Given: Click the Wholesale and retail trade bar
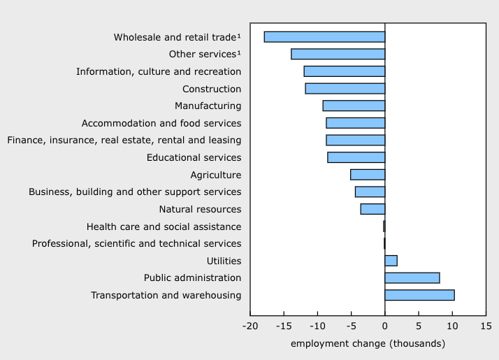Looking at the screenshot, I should [x=324, y=37].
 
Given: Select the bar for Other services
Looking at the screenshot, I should [x=338, y=55].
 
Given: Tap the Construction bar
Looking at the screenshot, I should [x=345, y=89].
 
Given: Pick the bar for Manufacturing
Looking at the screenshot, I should [x=354, y=106].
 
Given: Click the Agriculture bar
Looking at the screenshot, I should [x=368, y=175].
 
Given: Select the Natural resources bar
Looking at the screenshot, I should [x=373, y=209].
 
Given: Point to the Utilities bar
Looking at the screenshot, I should [x=391, y=261].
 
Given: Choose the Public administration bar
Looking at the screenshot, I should [x=412, y=278].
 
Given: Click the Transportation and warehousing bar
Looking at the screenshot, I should [x=419, y=295].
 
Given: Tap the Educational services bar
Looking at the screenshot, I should [x=356, y=157].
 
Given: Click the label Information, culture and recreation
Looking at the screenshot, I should [x=159, y=71].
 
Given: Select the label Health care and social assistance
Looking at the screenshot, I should [x=164, y=226].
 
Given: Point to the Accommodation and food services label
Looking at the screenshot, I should [x=161, y=123].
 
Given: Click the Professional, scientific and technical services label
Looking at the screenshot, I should [x=137, y=243].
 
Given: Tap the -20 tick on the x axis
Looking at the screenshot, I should [x=250, y=326].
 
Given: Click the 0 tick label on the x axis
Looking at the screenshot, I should [x=384, y=326].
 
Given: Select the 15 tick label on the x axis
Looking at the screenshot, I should [x=486, y=326].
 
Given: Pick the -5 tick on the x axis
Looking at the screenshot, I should [x=351, y=326].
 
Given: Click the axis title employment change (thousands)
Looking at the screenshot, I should [x=368, y=343].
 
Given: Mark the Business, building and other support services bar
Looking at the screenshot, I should [x=370, y=192].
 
